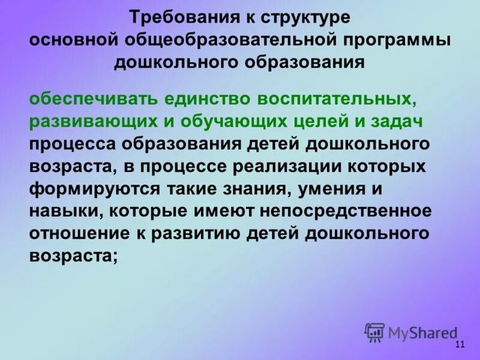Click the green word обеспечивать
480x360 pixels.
click(x=89, y=98)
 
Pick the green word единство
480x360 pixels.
click(x=204, y=98)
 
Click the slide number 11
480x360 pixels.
click(x=460, y=344)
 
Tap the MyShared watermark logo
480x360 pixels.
click(x=412, y=331)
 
